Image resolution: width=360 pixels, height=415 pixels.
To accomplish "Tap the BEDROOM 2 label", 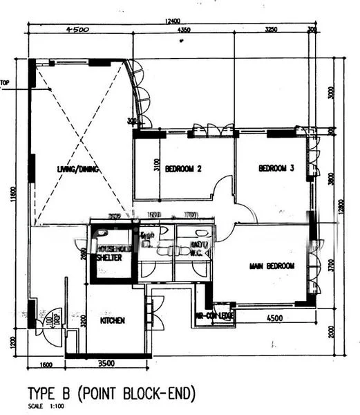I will tap(183, 168).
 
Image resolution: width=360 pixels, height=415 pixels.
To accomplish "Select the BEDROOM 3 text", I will tap(276, 168).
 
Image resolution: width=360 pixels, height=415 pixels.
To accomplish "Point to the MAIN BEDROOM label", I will tap(272, 266).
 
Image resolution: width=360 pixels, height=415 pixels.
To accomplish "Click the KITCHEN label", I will tap(112, 321).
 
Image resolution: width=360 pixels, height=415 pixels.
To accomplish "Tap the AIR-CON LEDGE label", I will tap(217, 315).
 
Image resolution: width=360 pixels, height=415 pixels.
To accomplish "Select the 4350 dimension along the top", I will tap(183, 30).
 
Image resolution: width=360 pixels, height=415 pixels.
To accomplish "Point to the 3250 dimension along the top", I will tap(271, 30).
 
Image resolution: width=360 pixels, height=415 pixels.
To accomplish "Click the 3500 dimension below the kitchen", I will tap(106, 363).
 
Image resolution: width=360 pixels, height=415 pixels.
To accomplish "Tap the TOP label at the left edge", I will tap(5, 84).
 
